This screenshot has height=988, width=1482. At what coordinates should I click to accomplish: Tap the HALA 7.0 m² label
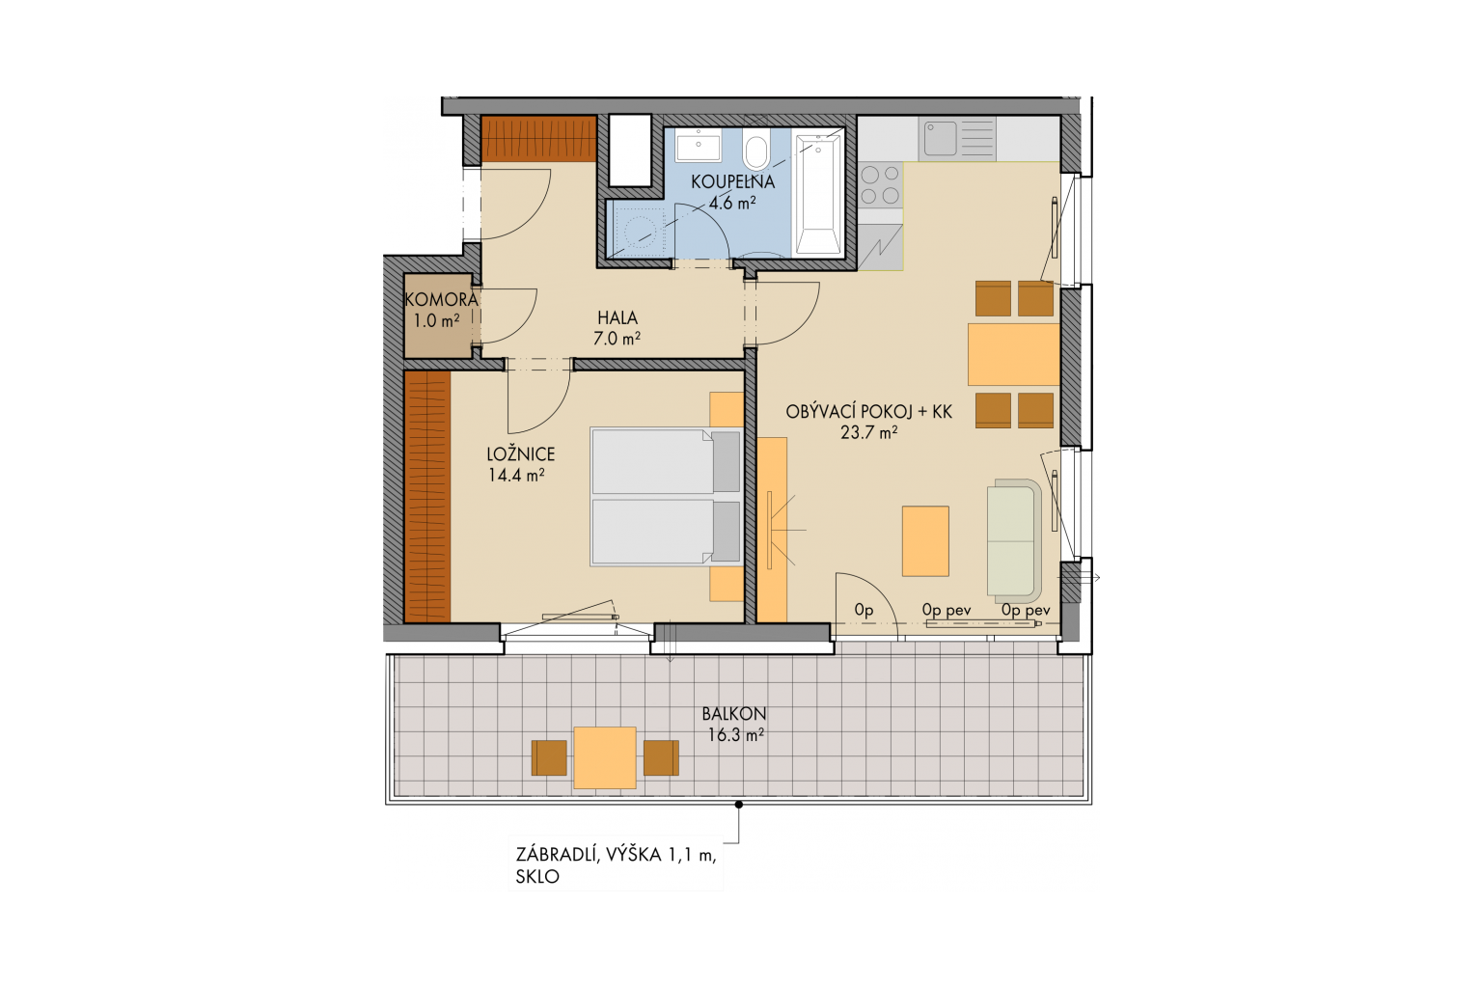click(x=617, y=328)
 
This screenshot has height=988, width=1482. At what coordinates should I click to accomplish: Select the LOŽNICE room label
click(x=520, y=464)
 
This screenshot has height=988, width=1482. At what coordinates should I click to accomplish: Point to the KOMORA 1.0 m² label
click(x=441, y=311)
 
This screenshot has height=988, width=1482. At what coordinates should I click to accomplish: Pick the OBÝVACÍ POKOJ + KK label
click(x=868, y=423)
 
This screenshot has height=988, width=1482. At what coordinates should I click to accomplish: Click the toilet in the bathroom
click(x=756, y=149)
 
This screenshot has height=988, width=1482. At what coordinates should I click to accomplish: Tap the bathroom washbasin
click(x=698, y=146)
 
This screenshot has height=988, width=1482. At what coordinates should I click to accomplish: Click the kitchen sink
click(x=957, y=139)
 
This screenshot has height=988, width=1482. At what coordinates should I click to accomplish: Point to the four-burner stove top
click(x=881, y=185)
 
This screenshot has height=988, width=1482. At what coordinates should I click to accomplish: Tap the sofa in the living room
click(x=1014, y=537)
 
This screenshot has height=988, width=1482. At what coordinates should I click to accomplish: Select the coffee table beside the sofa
click(x=925, y=540)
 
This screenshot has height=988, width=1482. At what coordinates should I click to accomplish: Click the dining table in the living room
click(x=1014, y=354)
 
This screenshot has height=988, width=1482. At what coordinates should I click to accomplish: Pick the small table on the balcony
click(x=605, y=757)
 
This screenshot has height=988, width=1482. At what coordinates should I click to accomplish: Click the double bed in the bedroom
click(x=666, y=496)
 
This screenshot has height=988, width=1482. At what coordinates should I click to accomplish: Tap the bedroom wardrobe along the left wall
click(x=427, y=497)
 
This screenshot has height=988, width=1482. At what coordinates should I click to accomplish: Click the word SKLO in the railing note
click(x=537, y=877)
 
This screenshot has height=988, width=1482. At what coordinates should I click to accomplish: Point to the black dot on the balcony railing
click(x=739, y=805)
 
